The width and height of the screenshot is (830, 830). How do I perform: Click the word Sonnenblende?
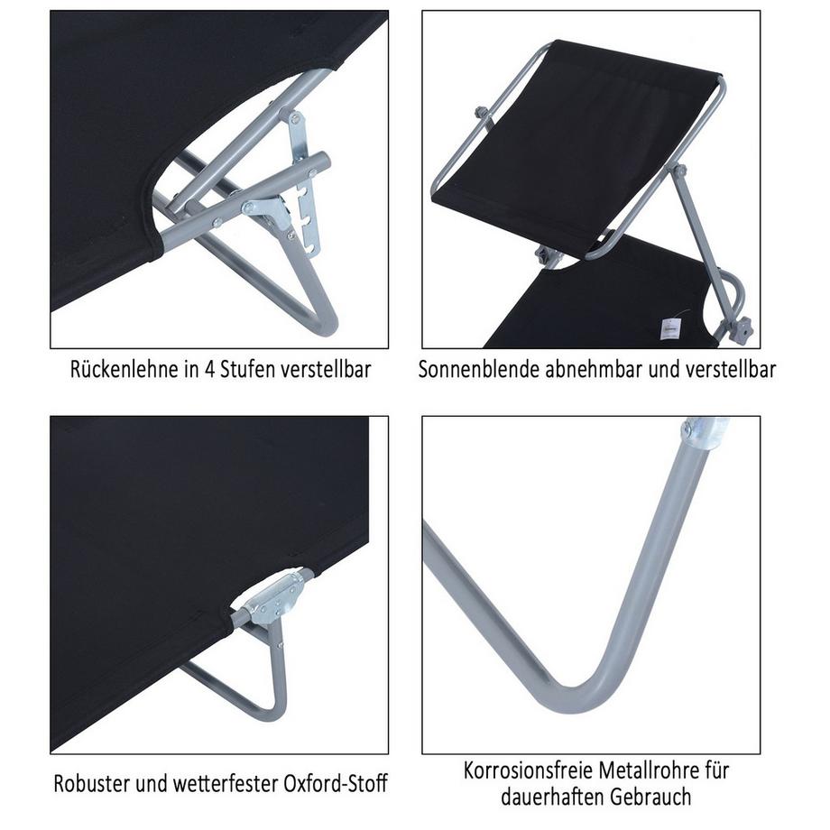pos(476,370)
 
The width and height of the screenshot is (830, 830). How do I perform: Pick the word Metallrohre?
pos(646,772)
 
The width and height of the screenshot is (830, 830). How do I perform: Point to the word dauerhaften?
pos(549,798)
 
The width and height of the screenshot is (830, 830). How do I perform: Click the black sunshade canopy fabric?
pos(586,144)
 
